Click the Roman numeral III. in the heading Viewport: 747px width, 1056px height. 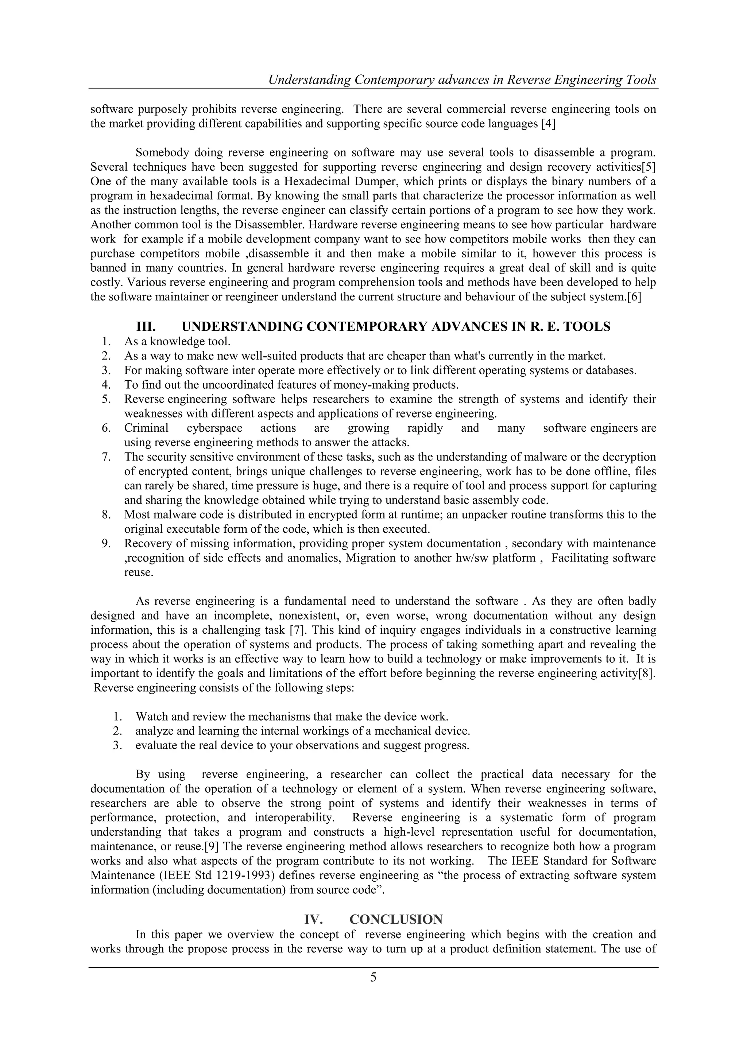coord(146,327)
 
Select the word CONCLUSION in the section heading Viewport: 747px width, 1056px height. coord(396,919)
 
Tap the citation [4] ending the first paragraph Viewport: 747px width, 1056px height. coord(548,124)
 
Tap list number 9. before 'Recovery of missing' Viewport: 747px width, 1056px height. coord(107,544)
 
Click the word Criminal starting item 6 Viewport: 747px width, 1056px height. coord(146,428)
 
